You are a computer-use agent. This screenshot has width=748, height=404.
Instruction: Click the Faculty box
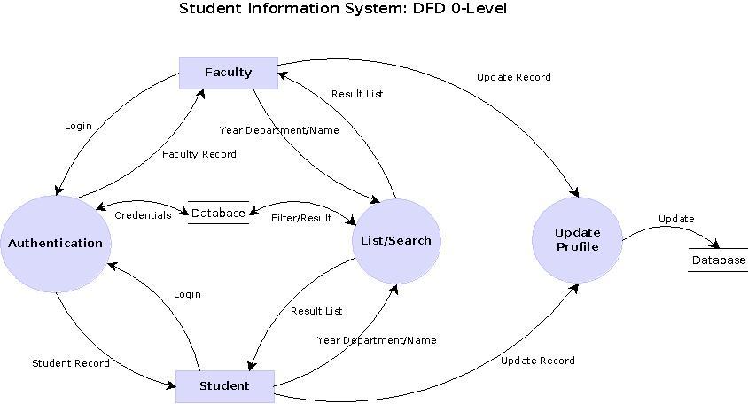[x=228, y=73]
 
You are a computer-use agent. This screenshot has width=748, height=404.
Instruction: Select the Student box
[x=224, y=385]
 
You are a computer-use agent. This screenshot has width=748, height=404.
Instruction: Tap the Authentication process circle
[x=55, y=243]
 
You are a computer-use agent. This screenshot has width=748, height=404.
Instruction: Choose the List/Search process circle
[x=396, y=240]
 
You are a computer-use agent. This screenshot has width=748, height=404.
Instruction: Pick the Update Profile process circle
[x=577, y=239]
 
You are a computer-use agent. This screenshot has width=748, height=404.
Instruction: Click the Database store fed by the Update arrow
[x=719, y=260]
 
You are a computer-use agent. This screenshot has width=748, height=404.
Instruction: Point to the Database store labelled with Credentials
[x=218, y=213]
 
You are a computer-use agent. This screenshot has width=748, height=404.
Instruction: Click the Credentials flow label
[x=143, y=215]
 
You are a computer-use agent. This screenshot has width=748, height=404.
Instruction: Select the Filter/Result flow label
[x=301, y=218]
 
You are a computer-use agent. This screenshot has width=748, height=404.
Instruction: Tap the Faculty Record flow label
[x=199, y=154]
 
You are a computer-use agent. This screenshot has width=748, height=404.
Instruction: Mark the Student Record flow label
[x=71, y=363]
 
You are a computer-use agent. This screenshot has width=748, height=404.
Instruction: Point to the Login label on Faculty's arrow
[x=78, y=126]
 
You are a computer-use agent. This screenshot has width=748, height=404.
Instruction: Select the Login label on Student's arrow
[x=187, y=294]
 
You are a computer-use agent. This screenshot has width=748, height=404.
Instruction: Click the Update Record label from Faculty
[x=513, y=77]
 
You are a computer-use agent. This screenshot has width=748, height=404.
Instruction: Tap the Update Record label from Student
[x=537, y=361]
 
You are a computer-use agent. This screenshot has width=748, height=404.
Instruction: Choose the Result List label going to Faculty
[x=357, y=94]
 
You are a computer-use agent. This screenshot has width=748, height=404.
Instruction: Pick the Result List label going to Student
[x=316, y=311]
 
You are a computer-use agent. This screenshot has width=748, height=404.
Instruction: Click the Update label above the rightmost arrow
[x=676, y=219]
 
